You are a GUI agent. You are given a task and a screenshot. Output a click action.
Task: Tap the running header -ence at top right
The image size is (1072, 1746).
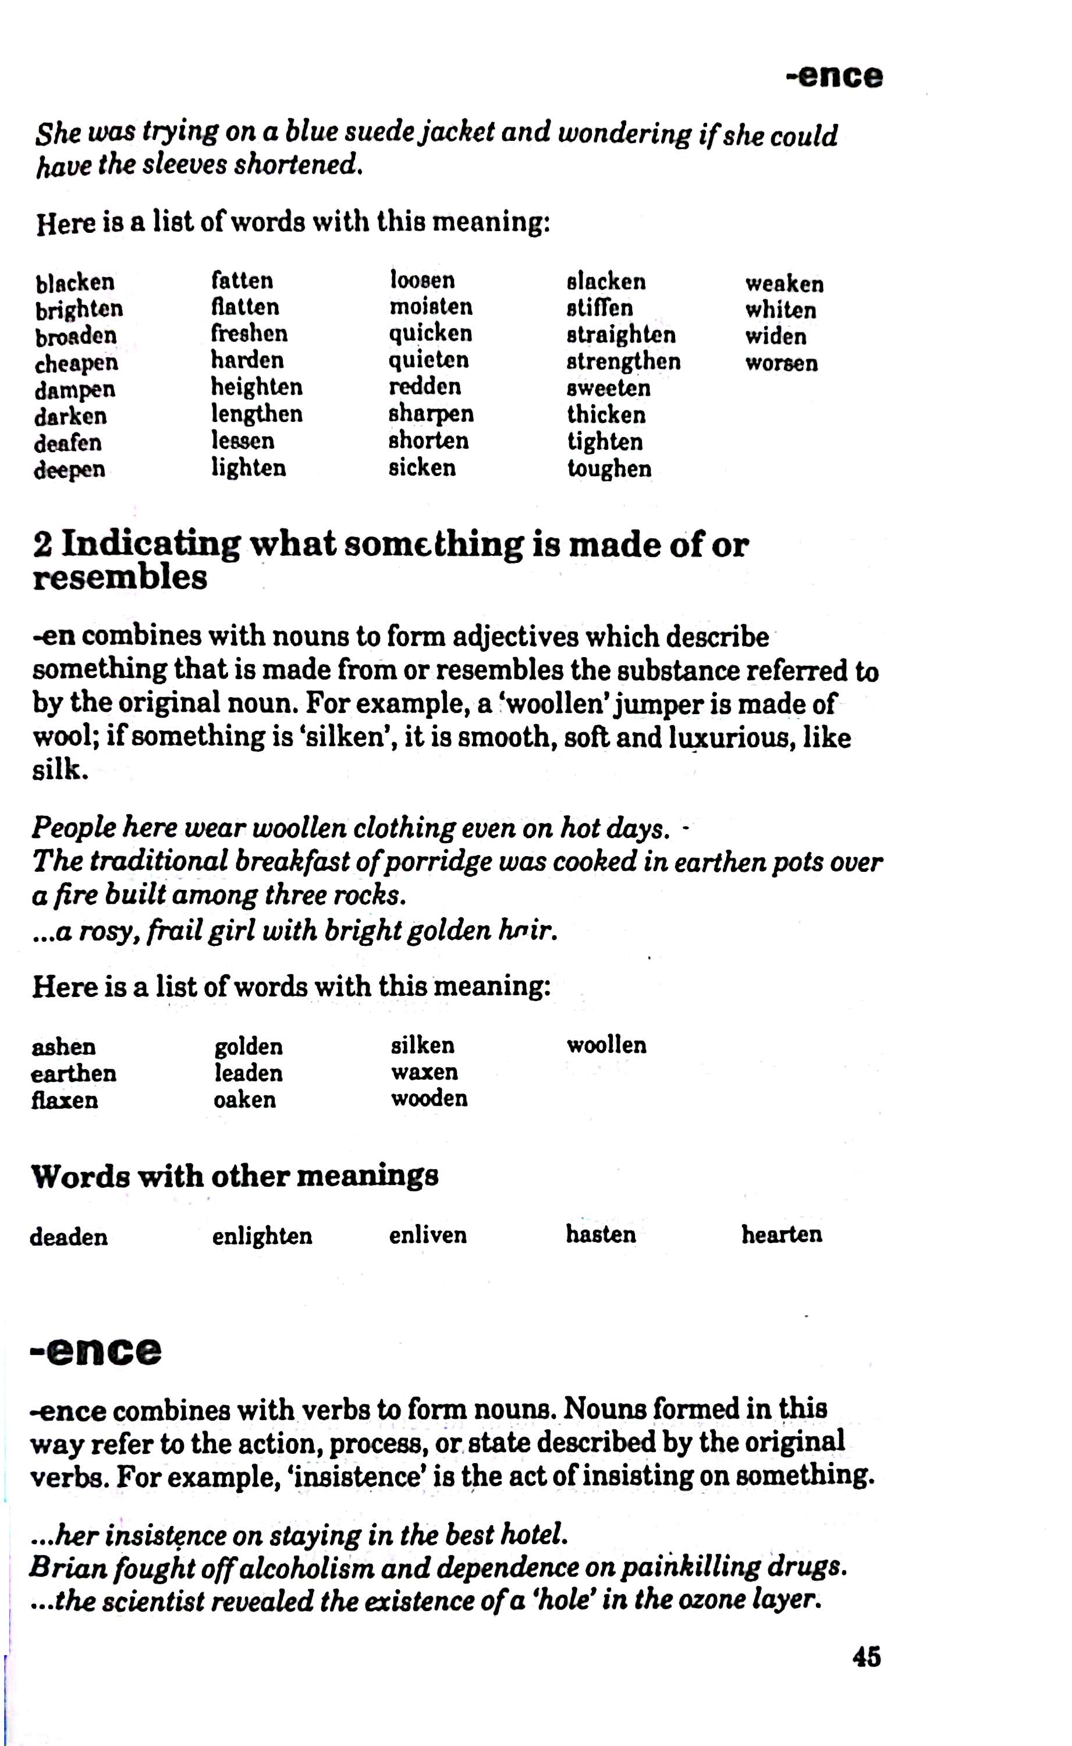(835, 76)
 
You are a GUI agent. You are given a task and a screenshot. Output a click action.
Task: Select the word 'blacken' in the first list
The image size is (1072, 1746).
(75, 282)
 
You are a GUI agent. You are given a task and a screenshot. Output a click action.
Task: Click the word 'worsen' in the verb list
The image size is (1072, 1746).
(782, 363)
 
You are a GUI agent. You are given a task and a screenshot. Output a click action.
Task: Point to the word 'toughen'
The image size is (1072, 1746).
(609, 469)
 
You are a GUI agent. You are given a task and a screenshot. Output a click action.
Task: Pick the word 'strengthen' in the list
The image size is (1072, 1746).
(623, 361)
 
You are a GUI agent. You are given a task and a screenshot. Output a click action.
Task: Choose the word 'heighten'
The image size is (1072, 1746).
(257, 387)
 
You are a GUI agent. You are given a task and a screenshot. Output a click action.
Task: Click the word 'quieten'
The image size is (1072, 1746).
(428, 360)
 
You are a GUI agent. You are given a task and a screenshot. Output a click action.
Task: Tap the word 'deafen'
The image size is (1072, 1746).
(68, 443)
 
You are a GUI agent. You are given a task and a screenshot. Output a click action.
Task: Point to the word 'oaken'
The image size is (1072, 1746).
(244, 1099)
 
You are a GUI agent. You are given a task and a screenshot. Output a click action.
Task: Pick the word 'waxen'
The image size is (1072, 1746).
(424, 1072)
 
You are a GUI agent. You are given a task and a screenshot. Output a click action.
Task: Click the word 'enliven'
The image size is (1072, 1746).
(428, 1235)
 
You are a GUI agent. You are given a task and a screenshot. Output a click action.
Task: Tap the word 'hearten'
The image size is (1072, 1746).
(782, 1234)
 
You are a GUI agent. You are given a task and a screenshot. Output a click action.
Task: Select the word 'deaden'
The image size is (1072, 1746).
(69, 1237)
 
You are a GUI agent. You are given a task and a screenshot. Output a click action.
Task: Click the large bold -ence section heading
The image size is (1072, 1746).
(95, 1351)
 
